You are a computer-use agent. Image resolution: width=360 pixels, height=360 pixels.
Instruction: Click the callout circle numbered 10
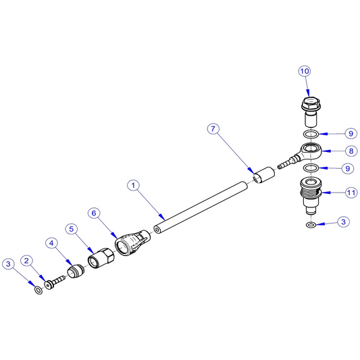(x=305, y=71)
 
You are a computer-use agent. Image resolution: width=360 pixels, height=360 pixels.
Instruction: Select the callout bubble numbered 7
(x=213, y=129)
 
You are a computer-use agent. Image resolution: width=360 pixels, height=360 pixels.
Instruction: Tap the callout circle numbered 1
(x=133, y=185)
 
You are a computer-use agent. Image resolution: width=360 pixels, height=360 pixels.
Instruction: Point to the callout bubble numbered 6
(x=94, y=213)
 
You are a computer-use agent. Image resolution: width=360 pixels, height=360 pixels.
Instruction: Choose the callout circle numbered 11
(x=351, y=192)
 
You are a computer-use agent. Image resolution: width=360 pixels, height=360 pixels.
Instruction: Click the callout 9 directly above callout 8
(x=351, y=134)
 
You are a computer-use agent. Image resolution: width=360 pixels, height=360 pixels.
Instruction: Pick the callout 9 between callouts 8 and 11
(x=348, y=169)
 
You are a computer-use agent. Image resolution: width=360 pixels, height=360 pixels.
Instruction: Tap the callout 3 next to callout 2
(x=8, y=264)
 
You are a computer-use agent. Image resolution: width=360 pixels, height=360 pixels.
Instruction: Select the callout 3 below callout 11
(x=344, y=222)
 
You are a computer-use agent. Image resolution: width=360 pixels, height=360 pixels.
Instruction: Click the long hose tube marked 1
(x=201, y=207)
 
